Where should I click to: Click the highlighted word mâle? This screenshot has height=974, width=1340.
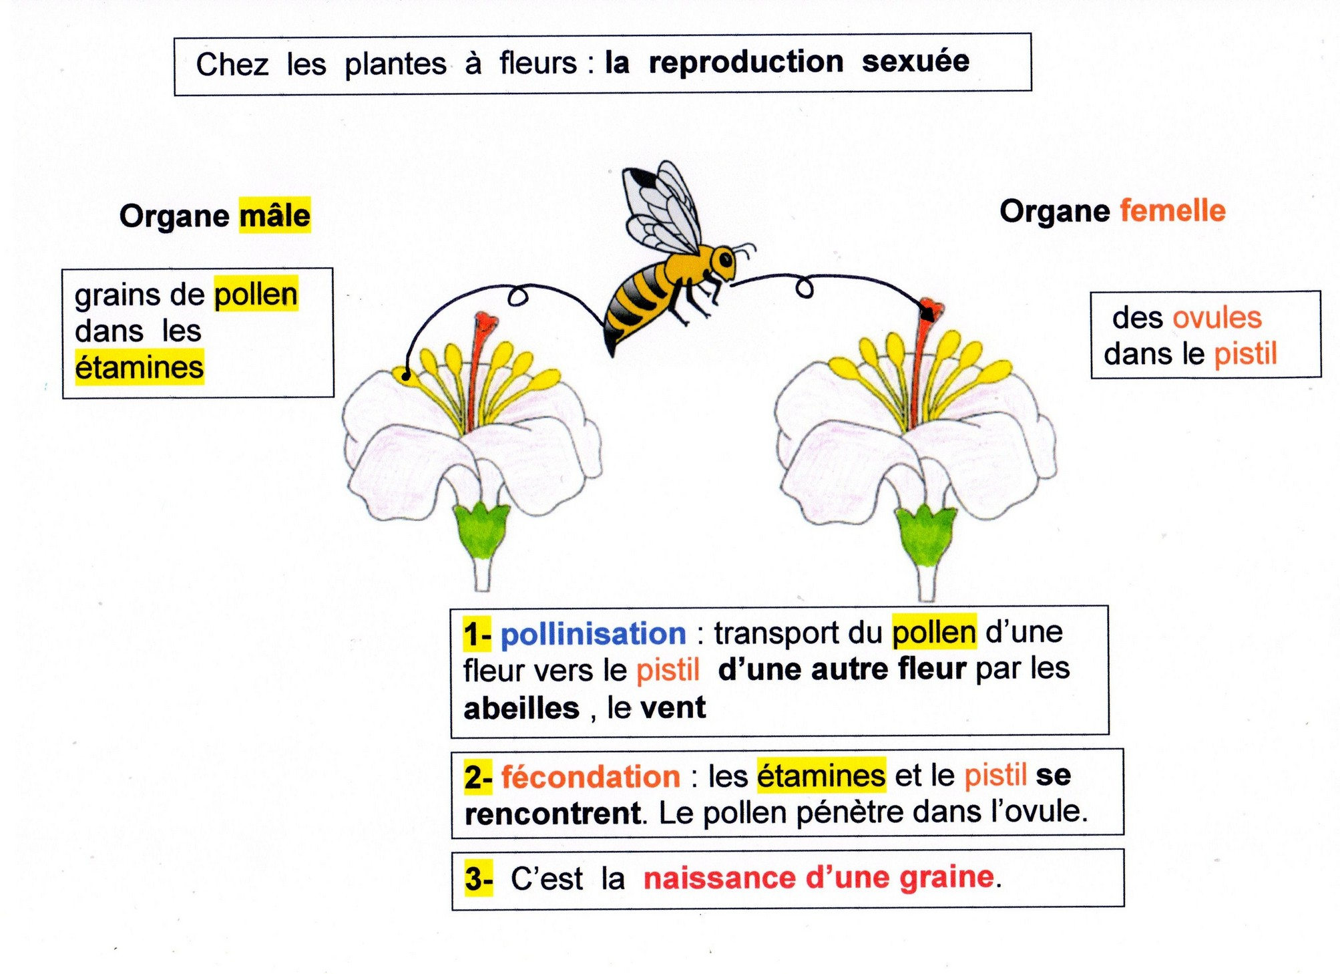(x=274, y=216)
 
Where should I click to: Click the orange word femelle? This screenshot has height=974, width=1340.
(x=1172, y=211)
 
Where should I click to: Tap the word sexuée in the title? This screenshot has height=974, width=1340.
(x=915, y=62)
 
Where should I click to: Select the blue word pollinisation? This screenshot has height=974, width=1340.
(x=593, y=633)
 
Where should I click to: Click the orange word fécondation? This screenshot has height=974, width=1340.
(x=590, y=777)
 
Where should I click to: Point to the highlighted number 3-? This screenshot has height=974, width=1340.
(x=479, y=878)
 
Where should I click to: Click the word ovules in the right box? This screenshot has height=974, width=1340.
(x=1216, y=318)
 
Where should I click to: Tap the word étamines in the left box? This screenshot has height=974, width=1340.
(x=139, y=367)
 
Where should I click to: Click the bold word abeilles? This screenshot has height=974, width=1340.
(x=521, y=708)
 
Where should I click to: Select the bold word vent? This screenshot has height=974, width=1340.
(x=672, y=707)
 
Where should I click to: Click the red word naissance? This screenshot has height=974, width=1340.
(x=719, y=878)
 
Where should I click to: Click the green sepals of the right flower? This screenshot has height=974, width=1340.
(x=925, y=534)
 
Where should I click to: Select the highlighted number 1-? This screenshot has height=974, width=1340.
(x=477, y=634)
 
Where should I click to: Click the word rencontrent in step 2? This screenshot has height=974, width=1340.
(x=552, y=814)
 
